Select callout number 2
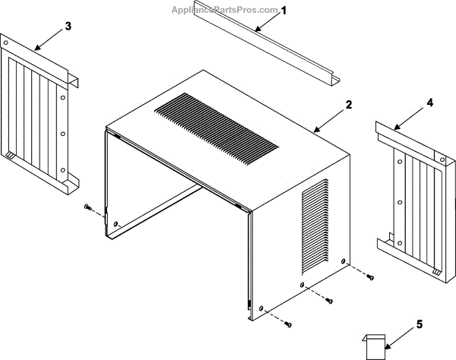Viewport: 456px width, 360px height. coord(348,104)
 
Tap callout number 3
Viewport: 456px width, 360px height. coord(68,27)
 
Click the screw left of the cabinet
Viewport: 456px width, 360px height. coord(89,207)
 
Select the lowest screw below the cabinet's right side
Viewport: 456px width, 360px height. coord(288,324)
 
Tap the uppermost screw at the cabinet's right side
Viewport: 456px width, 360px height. coord(370,277)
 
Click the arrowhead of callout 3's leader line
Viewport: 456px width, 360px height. coord(36,49)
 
